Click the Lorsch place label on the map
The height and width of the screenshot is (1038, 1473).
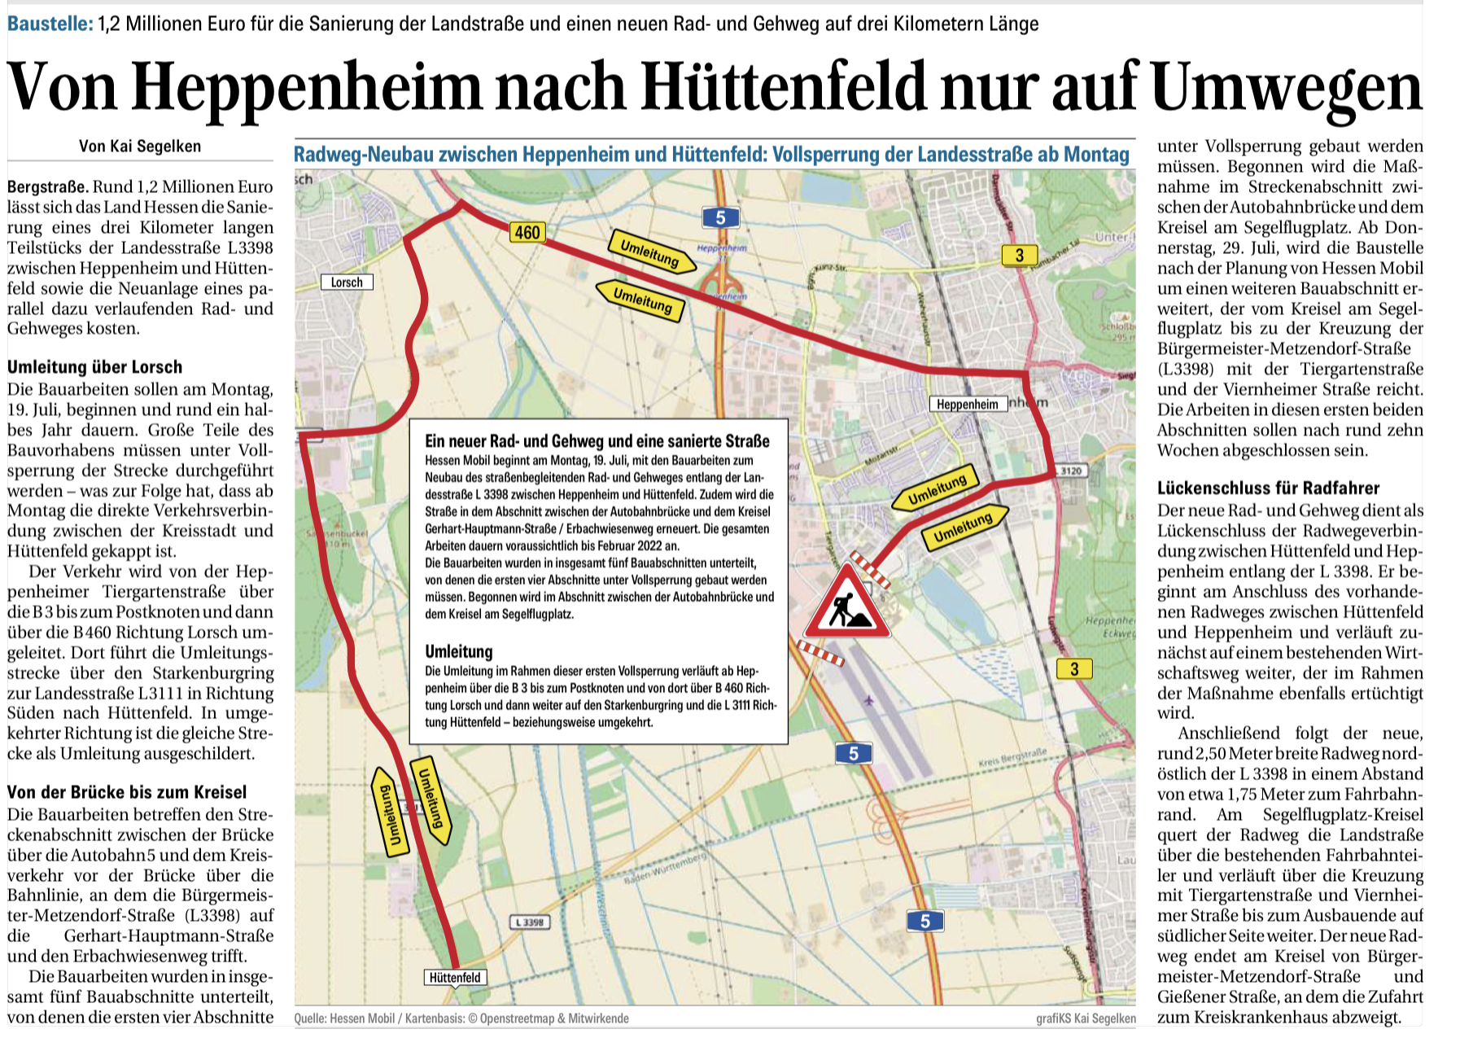[347, 282]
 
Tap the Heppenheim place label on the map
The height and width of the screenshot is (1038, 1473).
[967, 404]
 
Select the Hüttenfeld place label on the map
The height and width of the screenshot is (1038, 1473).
[455, 978]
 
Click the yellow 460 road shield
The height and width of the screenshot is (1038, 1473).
[527, 233]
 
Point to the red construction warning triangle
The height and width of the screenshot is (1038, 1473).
[846, 605]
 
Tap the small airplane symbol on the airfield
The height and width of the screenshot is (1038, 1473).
[868, 700]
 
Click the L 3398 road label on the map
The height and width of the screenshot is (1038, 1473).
[530, 922]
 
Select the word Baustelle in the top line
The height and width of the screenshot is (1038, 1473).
[50, 24]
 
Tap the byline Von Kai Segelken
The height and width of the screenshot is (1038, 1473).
[140, 147]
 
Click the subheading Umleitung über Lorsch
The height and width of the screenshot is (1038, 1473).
[94, 367]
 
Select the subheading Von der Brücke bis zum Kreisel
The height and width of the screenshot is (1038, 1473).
[127, 792]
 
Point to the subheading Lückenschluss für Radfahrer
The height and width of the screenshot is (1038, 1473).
[1268, 488]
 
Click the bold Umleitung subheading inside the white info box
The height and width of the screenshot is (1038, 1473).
[459, 651]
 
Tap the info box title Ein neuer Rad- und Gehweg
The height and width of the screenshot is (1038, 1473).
[597, 441]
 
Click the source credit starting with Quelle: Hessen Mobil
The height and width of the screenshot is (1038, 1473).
[461, 1018]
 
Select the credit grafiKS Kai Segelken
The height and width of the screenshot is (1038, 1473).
[1086, 1018]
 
